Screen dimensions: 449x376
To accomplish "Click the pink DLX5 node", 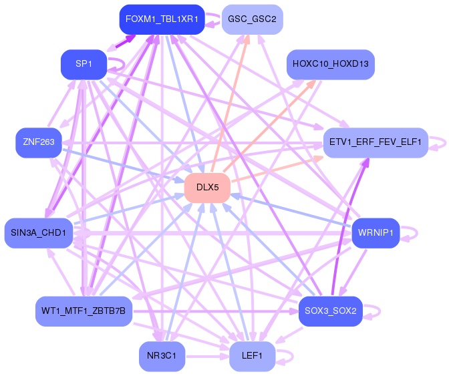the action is click(x=207, y=188).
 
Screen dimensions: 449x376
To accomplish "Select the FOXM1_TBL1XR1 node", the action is click(x=162, y=19).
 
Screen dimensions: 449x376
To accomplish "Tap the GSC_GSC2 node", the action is click(x=253, y=19).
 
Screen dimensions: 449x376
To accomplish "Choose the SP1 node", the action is click(x=84, y=64).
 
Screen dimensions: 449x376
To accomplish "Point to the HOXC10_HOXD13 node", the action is click(x=331, y=64).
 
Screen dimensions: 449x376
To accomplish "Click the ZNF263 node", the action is click(x=39, y=142).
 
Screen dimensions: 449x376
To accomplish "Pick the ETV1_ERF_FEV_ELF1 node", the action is click(x=376, y=142).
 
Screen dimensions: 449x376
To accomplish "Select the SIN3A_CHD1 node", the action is click(x=39, y=233).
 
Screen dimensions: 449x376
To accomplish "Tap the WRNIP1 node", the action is click(x=376, y=233).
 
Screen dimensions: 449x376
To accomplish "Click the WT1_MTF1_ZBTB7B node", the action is click(x=84, y=311).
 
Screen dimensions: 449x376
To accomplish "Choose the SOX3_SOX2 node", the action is click(x=331, y=311).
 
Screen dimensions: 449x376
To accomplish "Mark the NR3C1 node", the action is click(x=162, y=356).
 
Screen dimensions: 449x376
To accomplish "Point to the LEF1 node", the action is click(x=253, y=356).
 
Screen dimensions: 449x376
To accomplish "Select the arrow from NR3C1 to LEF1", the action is click(x=207, y=357).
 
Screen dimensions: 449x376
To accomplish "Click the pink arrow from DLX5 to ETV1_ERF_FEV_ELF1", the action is click(x=277, y=169).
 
